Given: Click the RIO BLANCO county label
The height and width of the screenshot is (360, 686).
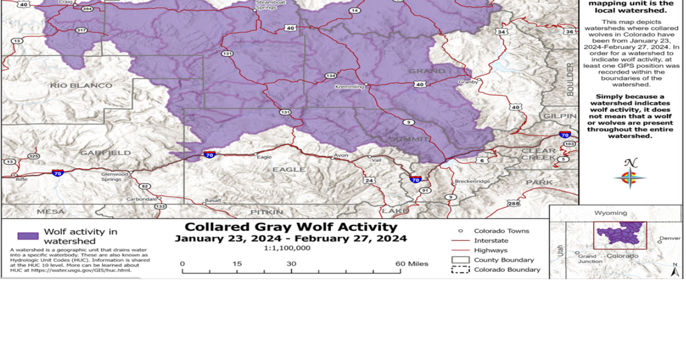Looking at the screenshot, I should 82,85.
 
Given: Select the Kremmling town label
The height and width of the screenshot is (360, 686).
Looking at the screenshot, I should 349,87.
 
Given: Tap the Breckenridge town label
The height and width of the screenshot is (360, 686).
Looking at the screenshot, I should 472,181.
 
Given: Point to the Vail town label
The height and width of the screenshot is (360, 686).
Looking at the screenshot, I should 377,160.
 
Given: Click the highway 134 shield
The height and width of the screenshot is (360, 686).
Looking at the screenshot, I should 331,75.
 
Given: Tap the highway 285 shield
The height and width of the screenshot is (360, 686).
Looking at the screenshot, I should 513,203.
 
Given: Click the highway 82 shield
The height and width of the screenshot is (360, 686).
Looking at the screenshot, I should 144,186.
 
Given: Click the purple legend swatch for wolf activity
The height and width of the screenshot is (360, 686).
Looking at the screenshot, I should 28,236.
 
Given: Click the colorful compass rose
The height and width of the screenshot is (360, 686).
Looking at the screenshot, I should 630,177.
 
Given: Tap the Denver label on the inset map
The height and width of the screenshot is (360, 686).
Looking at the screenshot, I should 669,238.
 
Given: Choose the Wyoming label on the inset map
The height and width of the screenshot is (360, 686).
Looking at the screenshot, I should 610,213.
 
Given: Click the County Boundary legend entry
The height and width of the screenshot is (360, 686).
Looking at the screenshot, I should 504,260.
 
